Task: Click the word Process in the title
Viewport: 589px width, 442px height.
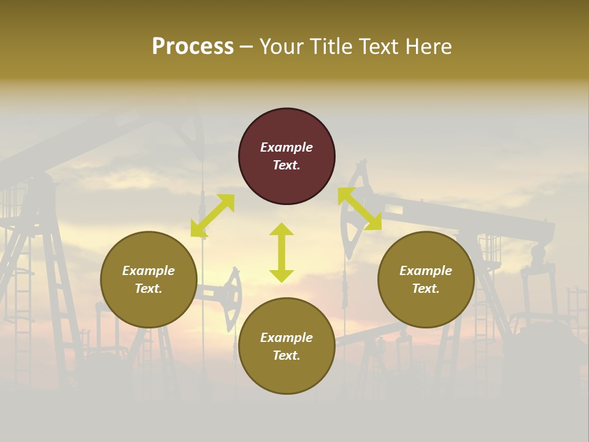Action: [x=193, y=47]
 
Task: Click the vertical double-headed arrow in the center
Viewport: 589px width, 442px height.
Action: [x=282, y=252]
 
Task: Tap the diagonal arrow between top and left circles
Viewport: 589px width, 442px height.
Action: [x=212, y=215]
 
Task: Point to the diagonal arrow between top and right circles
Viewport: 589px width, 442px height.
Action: [x=360, y=209]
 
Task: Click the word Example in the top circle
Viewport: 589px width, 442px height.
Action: [x=287, y=147]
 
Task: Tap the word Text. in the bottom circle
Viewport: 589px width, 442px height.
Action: [x=287, y=355]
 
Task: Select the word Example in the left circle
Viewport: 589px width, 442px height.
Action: [x=148, y=271]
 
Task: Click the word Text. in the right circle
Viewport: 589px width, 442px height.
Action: [x=426, y=289]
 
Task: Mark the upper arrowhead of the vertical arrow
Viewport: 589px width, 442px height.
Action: [x=282, y=229]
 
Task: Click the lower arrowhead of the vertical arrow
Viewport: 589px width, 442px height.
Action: [x=282, y=276]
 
